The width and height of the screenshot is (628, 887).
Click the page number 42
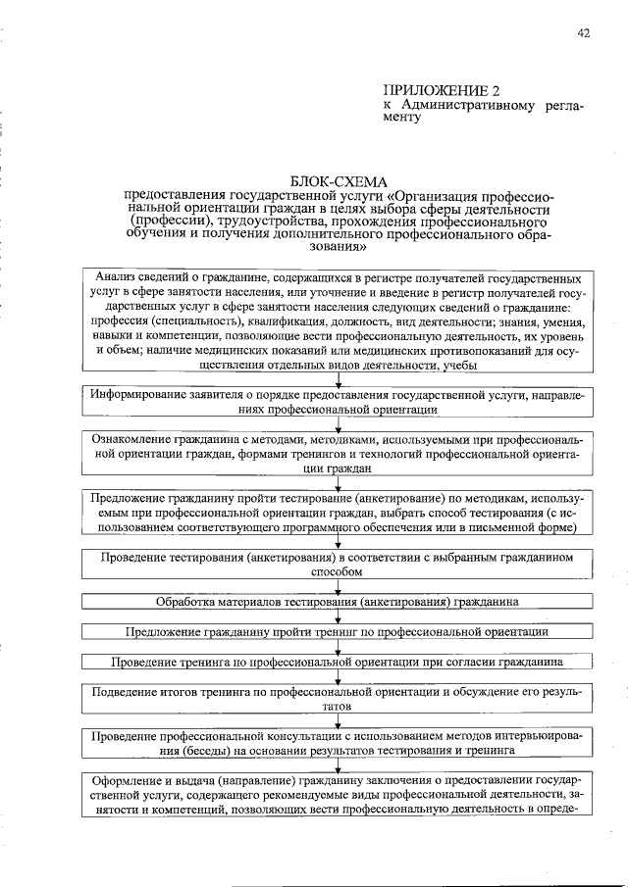[584, 32]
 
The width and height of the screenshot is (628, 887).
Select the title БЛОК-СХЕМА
[340, 181]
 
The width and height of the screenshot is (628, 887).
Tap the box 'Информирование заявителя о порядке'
[339, 403]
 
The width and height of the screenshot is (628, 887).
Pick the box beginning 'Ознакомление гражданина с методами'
[339, 454]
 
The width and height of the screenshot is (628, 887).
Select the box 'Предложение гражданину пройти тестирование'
[339, 513]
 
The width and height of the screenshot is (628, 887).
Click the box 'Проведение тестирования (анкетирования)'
[339, 565]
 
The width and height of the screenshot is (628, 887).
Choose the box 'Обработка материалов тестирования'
[339, 601]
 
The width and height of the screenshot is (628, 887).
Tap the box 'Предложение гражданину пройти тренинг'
[339, 632]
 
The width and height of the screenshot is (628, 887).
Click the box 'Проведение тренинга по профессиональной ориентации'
[339, 663]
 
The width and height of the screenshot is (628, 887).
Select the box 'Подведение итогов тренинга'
[339, 699]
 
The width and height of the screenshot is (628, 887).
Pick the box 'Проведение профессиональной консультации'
[339, 745]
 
